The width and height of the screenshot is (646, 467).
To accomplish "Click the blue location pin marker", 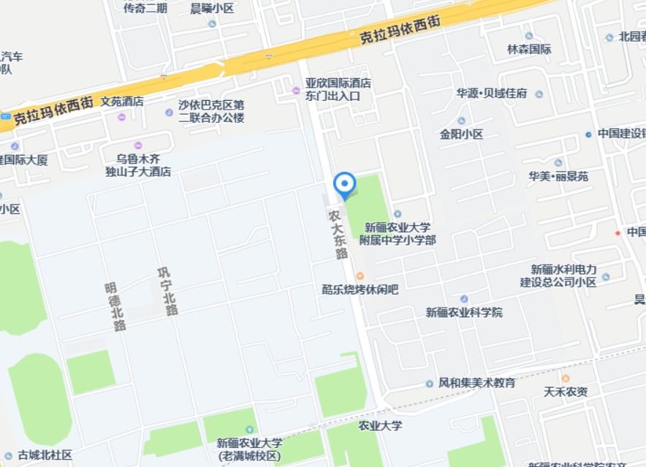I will pyautogui.click(x=344, y=185).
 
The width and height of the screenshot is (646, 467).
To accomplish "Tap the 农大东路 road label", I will pyautogui.click(x=338, y=235).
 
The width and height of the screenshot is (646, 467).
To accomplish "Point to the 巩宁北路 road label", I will pyautogui.click(x=167, y=292).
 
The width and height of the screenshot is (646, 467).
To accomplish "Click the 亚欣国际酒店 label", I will pyautogui.click(x=338, y=83).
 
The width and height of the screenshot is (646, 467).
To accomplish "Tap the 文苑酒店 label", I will pyautogui.click(x=122, y=102).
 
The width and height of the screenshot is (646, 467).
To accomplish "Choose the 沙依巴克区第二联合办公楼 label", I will pyautogui.click(x=211, y=111).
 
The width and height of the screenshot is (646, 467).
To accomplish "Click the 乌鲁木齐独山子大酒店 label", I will pyautogui.click(x=138, y=164).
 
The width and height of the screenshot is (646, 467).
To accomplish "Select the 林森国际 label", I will pyautogui.click(x=529, y=50).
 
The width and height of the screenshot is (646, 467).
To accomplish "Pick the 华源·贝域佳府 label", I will pyautogui.click(x=492, y=94).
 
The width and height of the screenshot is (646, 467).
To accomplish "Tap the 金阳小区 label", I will pyautogui.click(x=461, y=134).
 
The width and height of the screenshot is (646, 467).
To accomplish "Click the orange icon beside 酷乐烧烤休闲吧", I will pyautogui.click(x=360, y=276).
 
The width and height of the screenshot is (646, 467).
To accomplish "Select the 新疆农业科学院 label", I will pyautogui.click(x=464, y=312).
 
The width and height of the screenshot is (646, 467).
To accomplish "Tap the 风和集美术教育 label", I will pyautogui.click(x=476, y=383).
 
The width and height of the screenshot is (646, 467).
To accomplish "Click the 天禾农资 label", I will pyautogui.click(x=565, y=392).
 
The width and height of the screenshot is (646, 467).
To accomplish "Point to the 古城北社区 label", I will pyautogui.click(x=45, y=455).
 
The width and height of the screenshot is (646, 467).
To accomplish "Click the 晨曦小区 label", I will pyautogui.click(x=211, y=9).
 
